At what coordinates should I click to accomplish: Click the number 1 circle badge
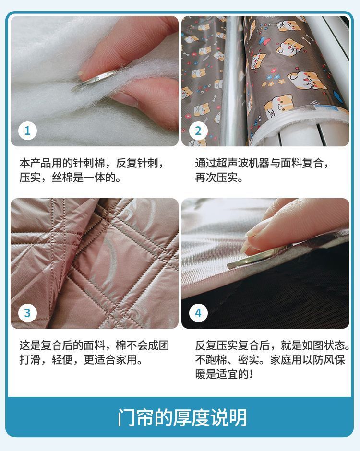pos(27,131)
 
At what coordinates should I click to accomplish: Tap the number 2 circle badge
pos(198,131)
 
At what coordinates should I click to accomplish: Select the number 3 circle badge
pos(27,313)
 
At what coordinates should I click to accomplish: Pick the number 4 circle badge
pos(198,313)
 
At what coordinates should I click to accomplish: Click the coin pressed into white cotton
pos(95,79)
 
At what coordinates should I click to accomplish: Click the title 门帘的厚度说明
pos(182,417)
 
